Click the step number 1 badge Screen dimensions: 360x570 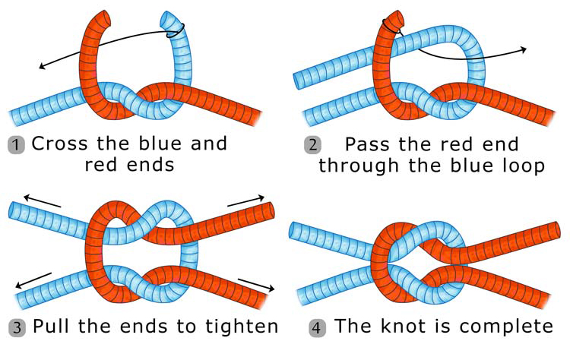(16, 144)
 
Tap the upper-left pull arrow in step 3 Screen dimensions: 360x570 (30, 200)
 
